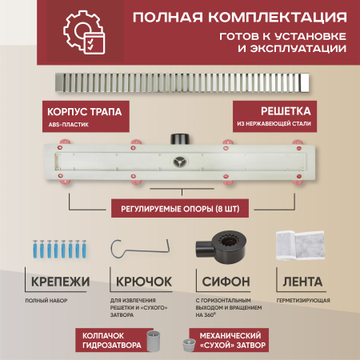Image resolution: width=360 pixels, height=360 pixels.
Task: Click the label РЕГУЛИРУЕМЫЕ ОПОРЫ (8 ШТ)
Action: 180,210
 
